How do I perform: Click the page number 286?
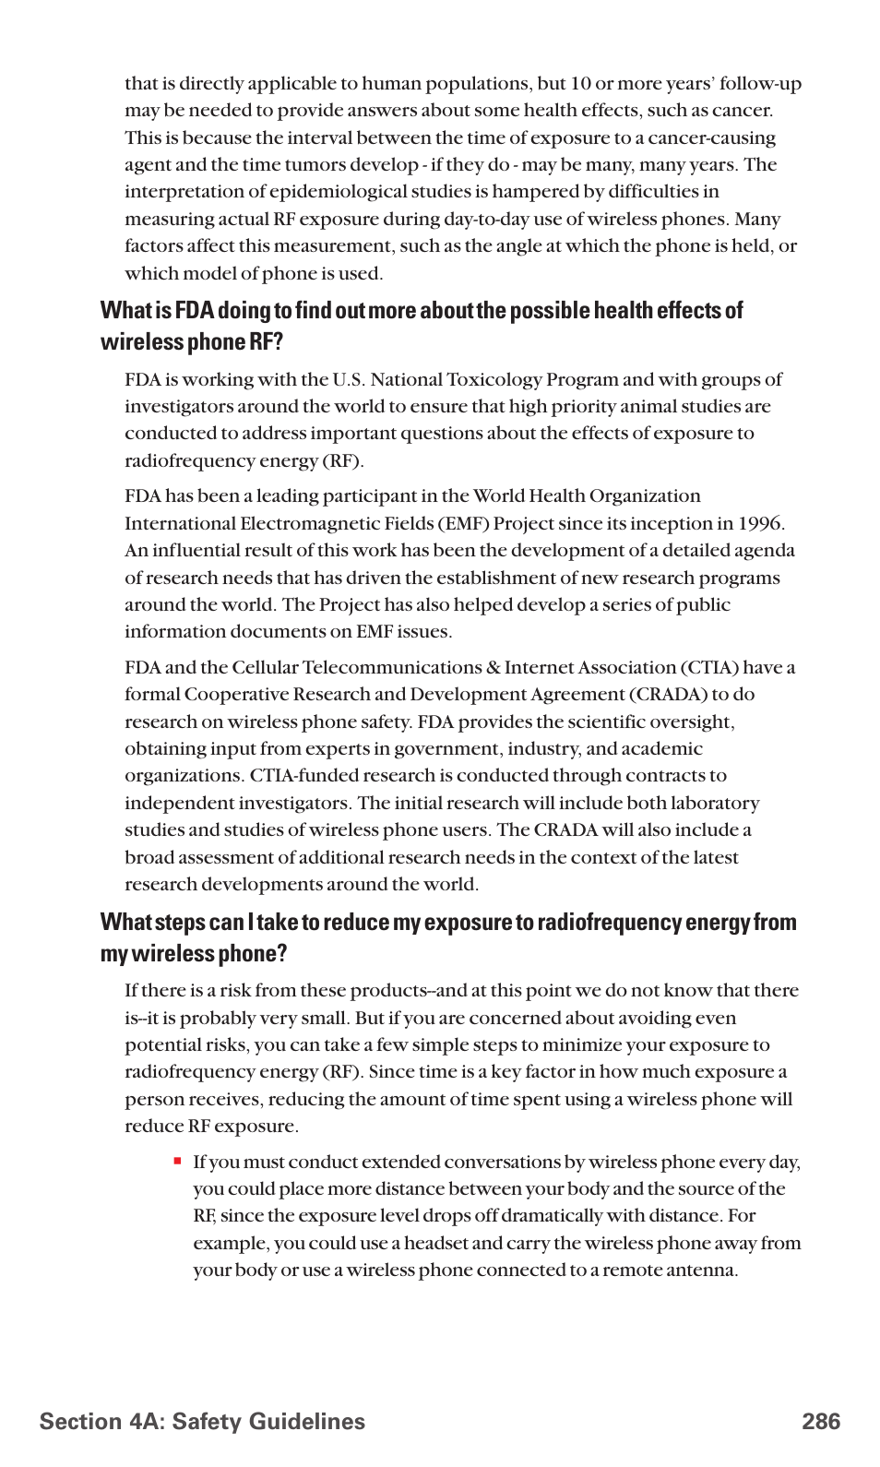click(x=820, y=1422)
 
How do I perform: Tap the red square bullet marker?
click(x=177, y=1162)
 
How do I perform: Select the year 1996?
click(x=761, y=523)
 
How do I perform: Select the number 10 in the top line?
click(x=580, y=83)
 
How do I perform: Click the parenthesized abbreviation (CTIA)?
click(x=709, y=667)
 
